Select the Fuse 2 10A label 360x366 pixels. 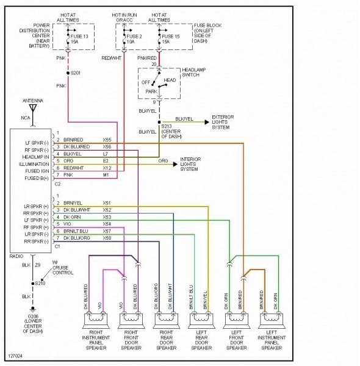[x=133, y=40]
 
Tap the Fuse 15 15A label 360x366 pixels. [x=173, y=40]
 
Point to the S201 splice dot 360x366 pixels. [x=67, y=73]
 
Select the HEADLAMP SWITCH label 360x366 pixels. [x=189, y=73]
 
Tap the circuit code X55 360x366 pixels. [x=107, y=140]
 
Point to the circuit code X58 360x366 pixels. [x=107, y=238]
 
